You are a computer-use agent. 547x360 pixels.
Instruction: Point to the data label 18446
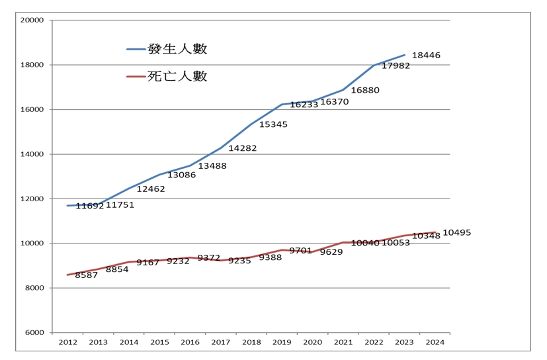425,56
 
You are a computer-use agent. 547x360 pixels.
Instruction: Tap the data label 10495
456,233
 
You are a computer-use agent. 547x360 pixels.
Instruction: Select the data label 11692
89,206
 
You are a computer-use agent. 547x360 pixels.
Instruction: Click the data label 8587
86,275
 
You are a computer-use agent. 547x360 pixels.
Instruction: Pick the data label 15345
273,124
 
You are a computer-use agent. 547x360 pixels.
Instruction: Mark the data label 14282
242,148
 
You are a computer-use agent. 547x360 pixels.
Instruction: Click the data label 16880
364,90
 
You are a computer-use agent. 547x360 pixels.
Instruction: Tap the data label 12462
151,189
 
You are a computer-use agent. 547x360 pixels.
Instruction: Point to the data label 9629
331,252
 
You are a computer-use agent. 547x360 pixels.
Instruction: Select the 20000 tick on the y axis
32,20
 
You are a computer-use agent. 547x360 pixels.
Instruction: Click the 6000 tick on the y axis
34,333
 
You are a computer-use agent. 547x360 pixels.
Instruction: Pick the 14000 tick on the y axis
32,154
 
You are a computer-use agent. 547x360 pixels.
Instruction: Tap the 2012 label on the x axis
67,343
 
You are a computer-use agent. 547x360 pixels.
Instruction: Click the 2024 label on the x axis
435,343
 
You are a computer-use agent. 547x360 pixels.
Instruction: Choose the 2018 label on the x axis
251,343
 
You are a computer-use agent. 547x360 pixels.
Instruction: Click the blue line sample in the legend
136,50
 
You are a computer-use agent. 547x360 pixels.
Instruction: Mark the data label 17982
396,66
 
